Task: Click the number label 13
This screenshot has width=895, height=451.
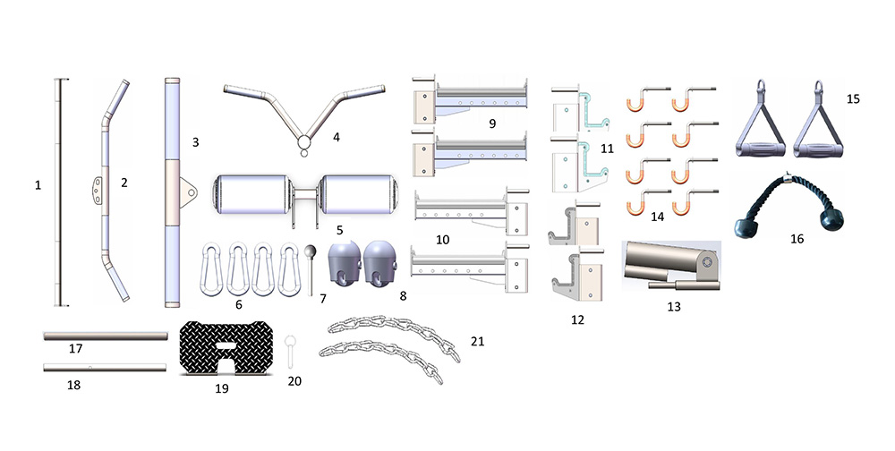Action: [x=674, y=307]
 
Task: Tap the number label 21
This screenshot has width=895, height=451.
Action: [x=477, y=342]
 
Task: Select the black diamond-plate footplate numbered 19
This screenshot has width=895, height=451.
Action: [x=226, y=348]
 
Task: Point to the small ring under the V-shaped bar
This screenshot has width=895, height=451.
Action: [x=303, y=153]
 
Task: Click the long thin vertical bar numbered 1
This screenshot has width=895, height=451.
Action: [x=58, y=191]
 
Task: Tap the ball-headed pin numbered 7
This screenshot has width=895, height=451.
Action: [x=310, y=269]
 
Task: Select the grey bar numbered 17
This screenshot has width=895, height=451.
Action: [x=106, y=336]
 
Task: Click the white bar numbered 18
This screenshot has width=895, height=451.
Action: [x=105, y=367]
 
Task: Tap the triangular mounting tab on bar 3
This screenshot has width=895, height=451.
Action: [x=188, y=192]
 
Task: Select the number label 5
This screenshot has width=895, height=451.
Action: [x=339, y=230]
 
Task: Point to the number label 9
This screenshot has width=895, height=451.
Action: [x=492, y=123]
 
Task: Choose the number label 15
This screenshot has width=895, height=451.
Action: [x=853, y=98]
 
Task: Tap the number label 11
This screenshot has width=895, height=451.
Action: [x=607, y=149]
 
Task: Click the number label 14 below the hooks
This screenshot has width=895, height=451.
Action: [x=657, y=217]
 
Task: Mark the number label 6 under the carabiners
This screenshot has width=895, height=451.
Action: [x=239, y=305]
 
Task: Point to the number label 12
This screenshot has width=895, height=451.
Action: [x=577, y=319]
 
